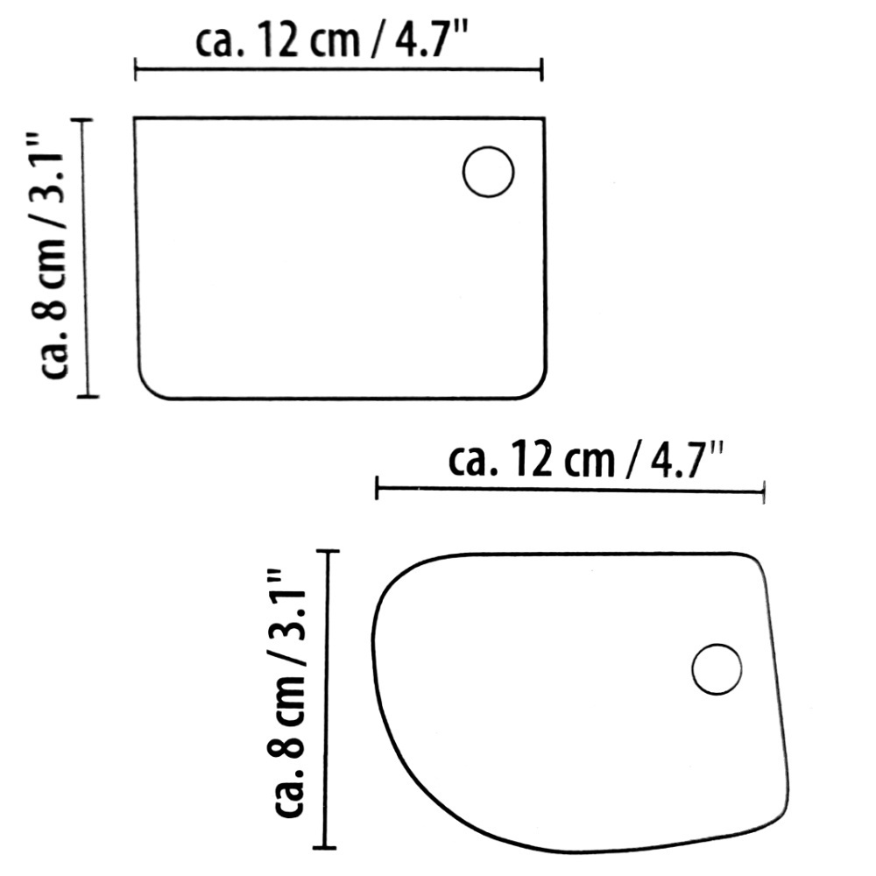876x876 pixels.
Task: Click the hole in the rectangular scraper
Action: coord(488,172)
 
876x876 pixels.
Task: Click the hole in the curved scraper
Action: coord(717,670)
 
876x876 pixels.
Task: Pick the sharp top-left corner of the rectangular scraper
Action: coord(135,118)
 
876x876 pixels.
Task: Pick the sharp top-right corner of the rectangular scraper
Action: coord(545,118)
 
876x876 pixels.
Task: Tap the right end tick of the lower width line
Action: coord(765,491)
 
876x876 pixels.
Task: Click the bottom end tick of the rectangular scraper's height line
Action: coord(88,397)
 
